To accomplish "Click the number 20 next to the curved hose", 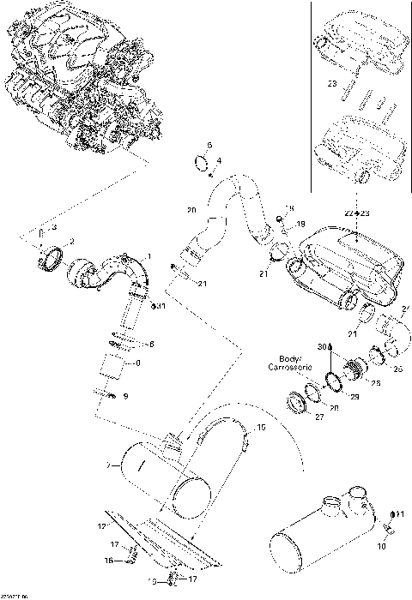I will tap(191, 210).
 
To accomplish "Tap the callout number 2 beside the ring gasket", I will tap(71, 241).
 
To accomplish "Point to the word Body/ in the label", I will tap(289, 358).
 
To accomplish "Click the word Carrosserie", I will tap(293, 367).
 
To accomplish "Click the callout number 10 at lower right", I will tap(383, 544).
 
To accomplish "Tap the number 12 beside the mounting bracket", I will tap(101, 525).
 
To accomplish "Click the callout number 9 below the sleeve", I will tap(125, 396).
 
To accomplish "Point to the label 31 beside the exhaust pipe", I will tap(161, 306).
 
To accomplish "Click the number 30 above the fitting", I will tap(322, 346).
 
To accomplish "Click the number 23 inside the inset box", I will tap(330, 84).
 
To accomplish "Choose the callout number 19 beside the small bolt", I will tap(300, 225).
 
